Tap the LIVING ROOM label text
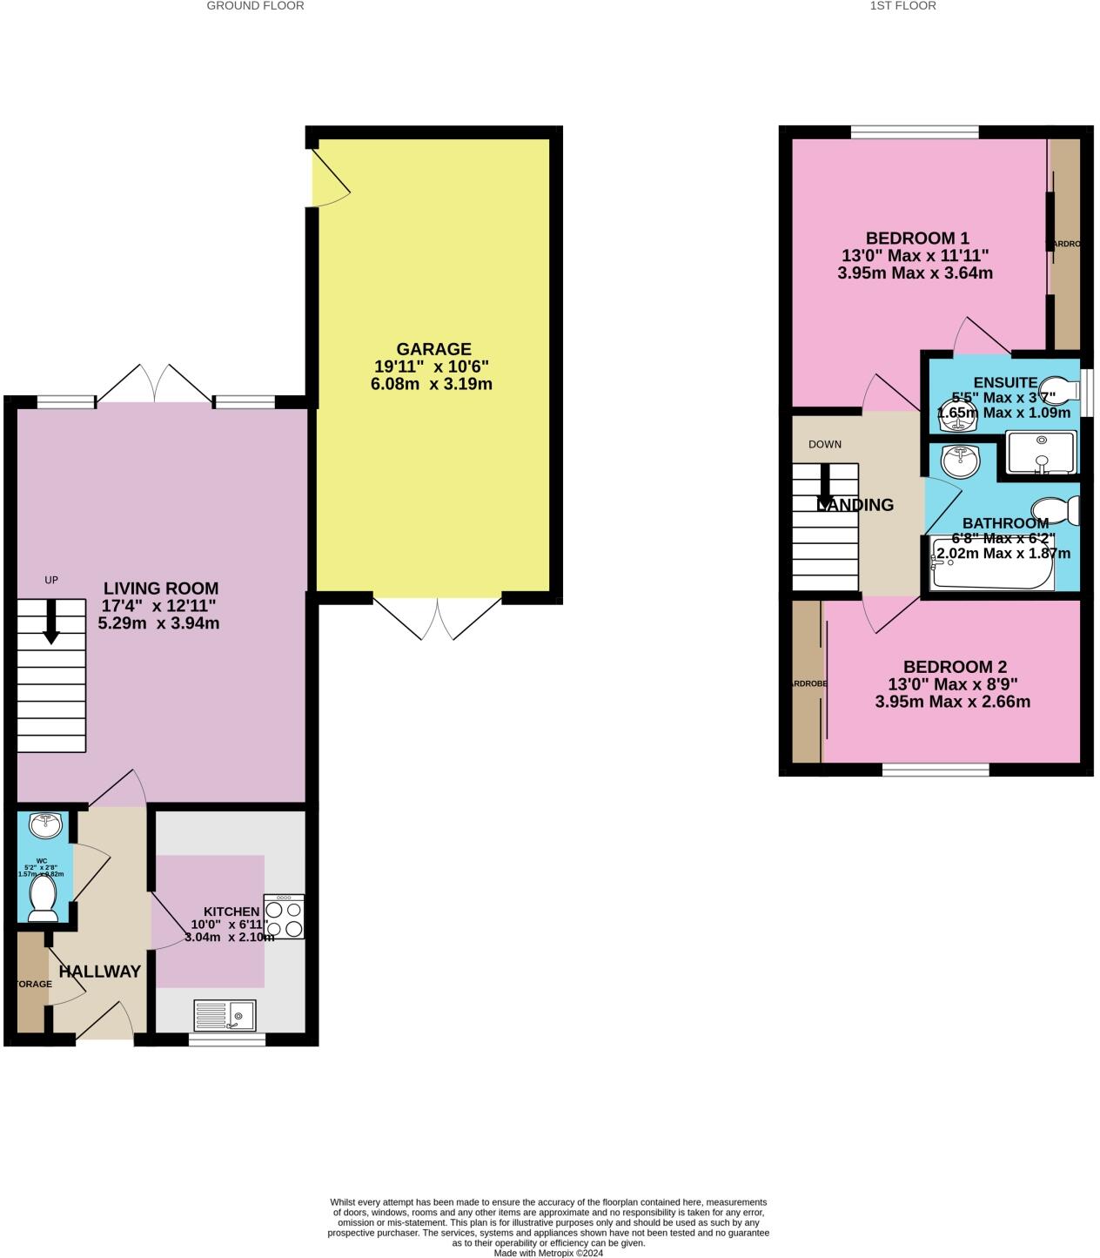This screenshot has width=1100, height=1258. coord(161,589)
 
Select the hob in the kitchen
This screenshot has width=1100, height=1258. coord(285,917)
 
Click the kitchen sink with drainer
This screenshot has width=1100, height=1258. coord(225,1016)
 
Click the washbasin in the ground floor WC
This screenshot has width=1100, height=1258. coord(44,823)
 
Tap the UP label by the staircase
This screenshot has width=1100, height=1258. coord(51,580)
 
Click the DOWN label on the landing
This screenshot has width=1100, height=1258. coord(824,444)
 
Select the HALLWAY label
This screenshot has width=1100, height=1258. coord(99,972)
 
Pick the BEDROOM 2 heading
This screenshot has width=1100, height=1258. coord(955,667)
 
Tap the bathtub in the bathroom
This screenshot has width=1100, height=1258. coord(991,564)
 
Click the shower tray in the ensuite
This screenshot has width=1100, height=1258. coord(1040,452)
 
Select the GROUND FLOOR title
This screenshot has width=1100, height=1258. coord(255,6)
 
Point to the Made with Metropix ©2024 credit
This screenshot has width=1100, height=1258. coord(548,1253)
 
